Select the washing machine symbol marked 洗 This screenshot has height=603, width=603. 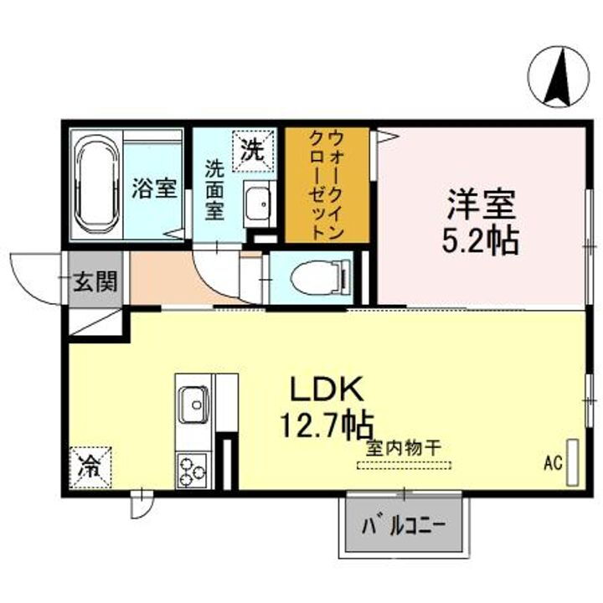pyautogui.click(x=252, y=150)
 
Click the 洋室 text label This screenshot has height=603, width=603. pyautogui.click(x=480, y=204)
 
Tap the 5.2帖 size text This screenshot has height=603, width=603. pyautogui.click(x=480, y=241)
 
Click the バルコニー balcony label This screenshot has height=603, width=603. pyautogui.click(x=403, y=527)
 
